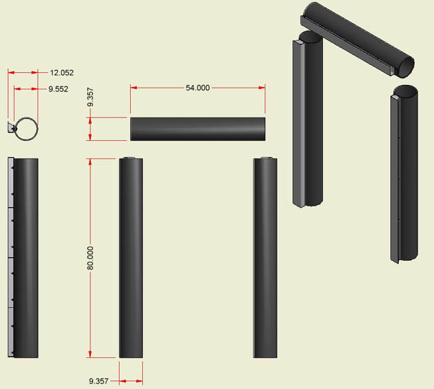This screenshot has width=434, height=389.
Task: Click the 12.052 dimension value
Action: coord(62,73)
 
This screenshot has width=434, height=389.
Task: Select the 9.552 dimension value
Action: coord(58,89)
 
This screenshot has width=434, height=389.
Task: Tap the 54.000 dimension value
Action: coord(197,88)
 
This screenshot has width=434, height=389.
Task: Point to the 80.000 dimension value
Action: coord(90,258)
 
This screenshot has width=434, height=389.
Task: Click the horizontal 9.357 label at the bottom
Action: coord(98,381)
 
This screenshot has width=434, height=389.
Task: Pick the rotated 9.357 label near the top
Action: coord(90,97)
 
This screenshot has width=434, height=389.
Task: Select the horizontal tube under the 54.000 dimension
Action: coord(197,129)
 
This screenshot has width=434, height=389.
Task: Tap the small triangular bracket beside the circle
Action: coord(11,127)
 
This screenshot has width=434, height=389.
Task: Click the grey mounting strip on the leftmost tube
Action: coord(11,257)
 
